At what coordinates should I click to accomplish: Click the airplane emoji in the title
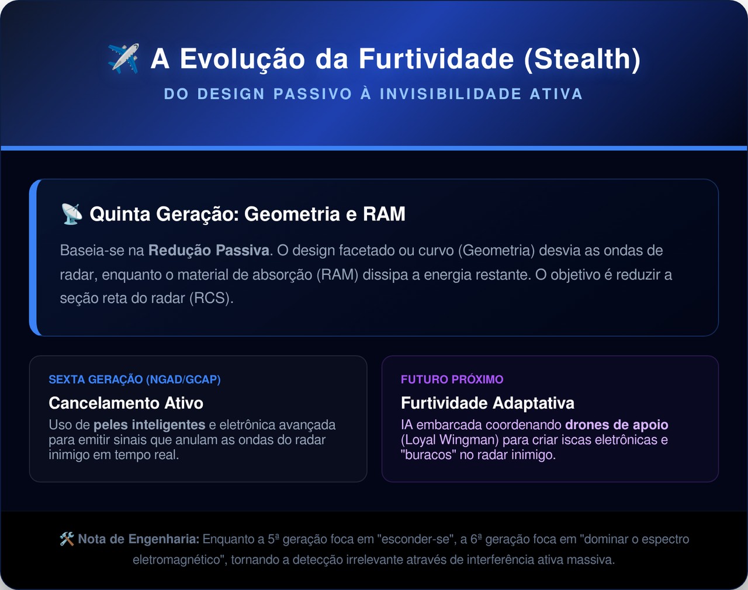(124, 58)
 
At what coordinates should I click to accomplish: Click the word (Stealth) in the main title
(582, 58)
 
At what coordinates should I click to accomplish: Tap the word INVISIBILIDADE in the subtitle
(451, 94)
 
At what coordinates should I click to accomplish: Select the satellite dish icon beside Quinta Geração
(72, 214)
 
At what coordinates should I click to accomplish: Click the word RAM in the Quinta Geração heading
(384, 213)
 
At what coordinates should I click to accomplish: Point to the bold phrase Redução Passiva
(209, 250)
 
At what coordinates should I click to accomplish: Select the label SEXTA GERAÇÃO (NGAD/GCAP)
(134, 379)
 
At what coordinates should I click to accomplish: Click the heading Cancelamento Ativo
(126, 403)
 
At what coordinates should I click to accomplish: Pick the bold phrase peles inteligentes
(150, 425)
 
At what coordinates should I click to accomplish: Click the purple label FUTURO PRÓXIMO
(452, 379)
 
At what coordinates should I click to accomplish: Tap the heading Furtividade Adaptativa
(487, 403)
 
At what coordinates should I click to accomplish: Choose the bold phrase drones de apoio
(617, 425)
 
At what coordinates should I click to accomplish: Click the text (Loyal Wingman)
(450, 440)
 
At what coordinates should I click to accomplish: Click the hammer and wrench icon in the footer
(67, 539)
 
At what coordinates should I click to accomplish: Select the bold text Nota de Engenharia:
(138, 539)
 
